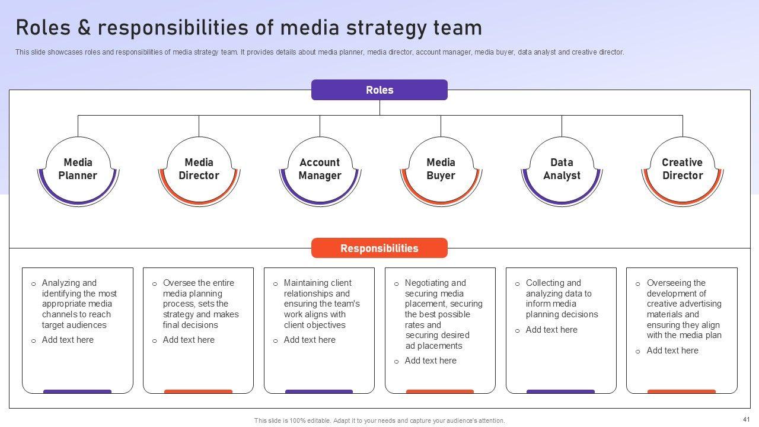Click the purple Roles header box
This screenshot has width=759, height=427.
[379, 90]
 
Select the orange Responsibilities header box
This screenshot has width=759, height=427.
[379, 248]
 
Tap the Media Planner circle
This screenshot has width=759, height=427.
[78, 170]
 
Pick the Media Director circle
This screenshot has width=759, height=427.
[199, 170]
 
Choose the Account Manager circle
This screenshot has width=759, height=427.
[320, 170]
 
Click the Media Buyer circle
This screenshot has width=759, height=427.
[441, 170]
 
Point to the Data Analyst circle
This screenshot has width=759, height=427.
[562, 170]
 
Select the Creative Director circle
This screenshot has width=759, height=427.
[683, 170]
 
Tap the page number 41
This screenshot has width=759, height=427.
[746, 419]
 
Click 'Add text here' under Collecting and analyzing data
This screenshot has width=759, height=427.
[551, 330]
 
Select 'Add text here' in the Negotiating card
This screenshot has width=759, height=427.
[430, 361]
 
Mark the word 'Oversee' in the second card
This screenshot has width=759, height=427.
[178, 283]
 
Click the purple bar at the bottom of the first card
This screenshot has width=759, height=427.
[77, 391]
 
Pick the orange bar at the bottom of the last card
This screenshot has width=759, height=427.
[681, 391]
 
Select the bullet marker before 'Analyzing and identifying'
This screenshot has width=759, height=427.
[33, 284]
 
